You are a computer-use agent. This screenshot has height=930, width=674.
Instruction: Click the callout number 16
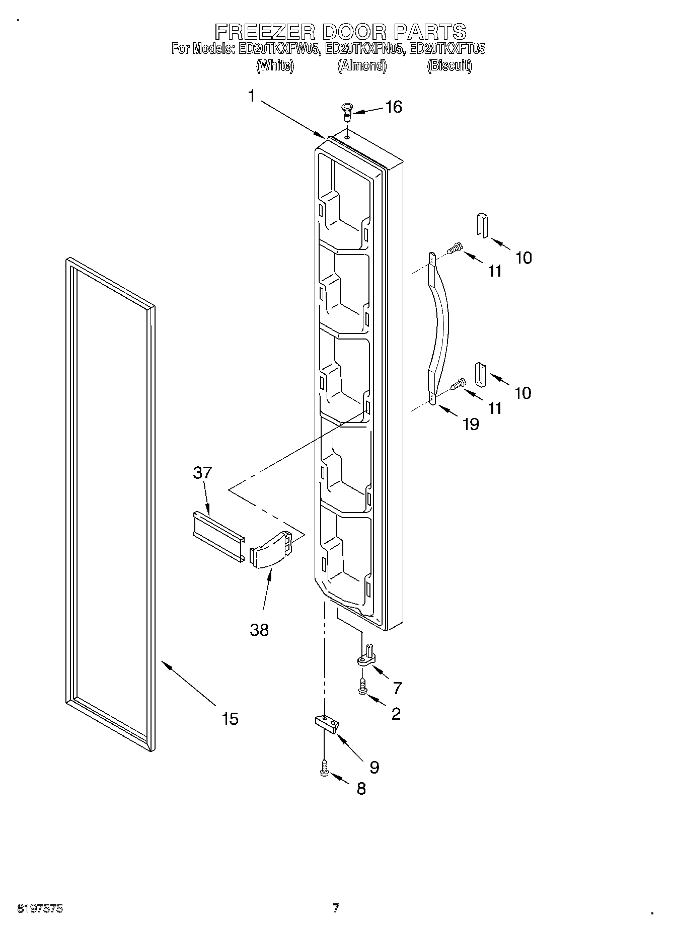click(393, 107)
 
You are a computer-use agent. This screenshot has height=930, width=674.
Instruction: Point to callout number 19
click(470, 425)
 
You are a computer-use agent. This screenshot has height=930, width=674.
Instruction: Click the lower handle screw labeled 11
click(458, 385)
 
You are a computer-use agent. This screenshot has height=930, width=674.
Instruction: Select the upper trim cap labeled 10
click(482, 225)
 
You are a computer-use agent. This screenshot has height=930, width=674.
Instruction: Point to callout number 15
click(230, 719)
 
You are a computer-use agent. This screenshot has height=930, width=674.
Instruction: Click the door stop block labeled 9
click(327, 723)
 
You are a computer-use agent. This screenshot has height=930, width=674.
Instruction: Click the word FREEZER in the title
click(265, 32)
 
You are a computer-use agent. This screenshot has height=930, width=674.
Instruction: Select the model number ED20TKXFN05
click(364, 49)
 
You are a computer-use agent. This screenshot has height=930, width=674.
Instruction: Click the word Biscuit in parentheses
click(449, 66)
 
